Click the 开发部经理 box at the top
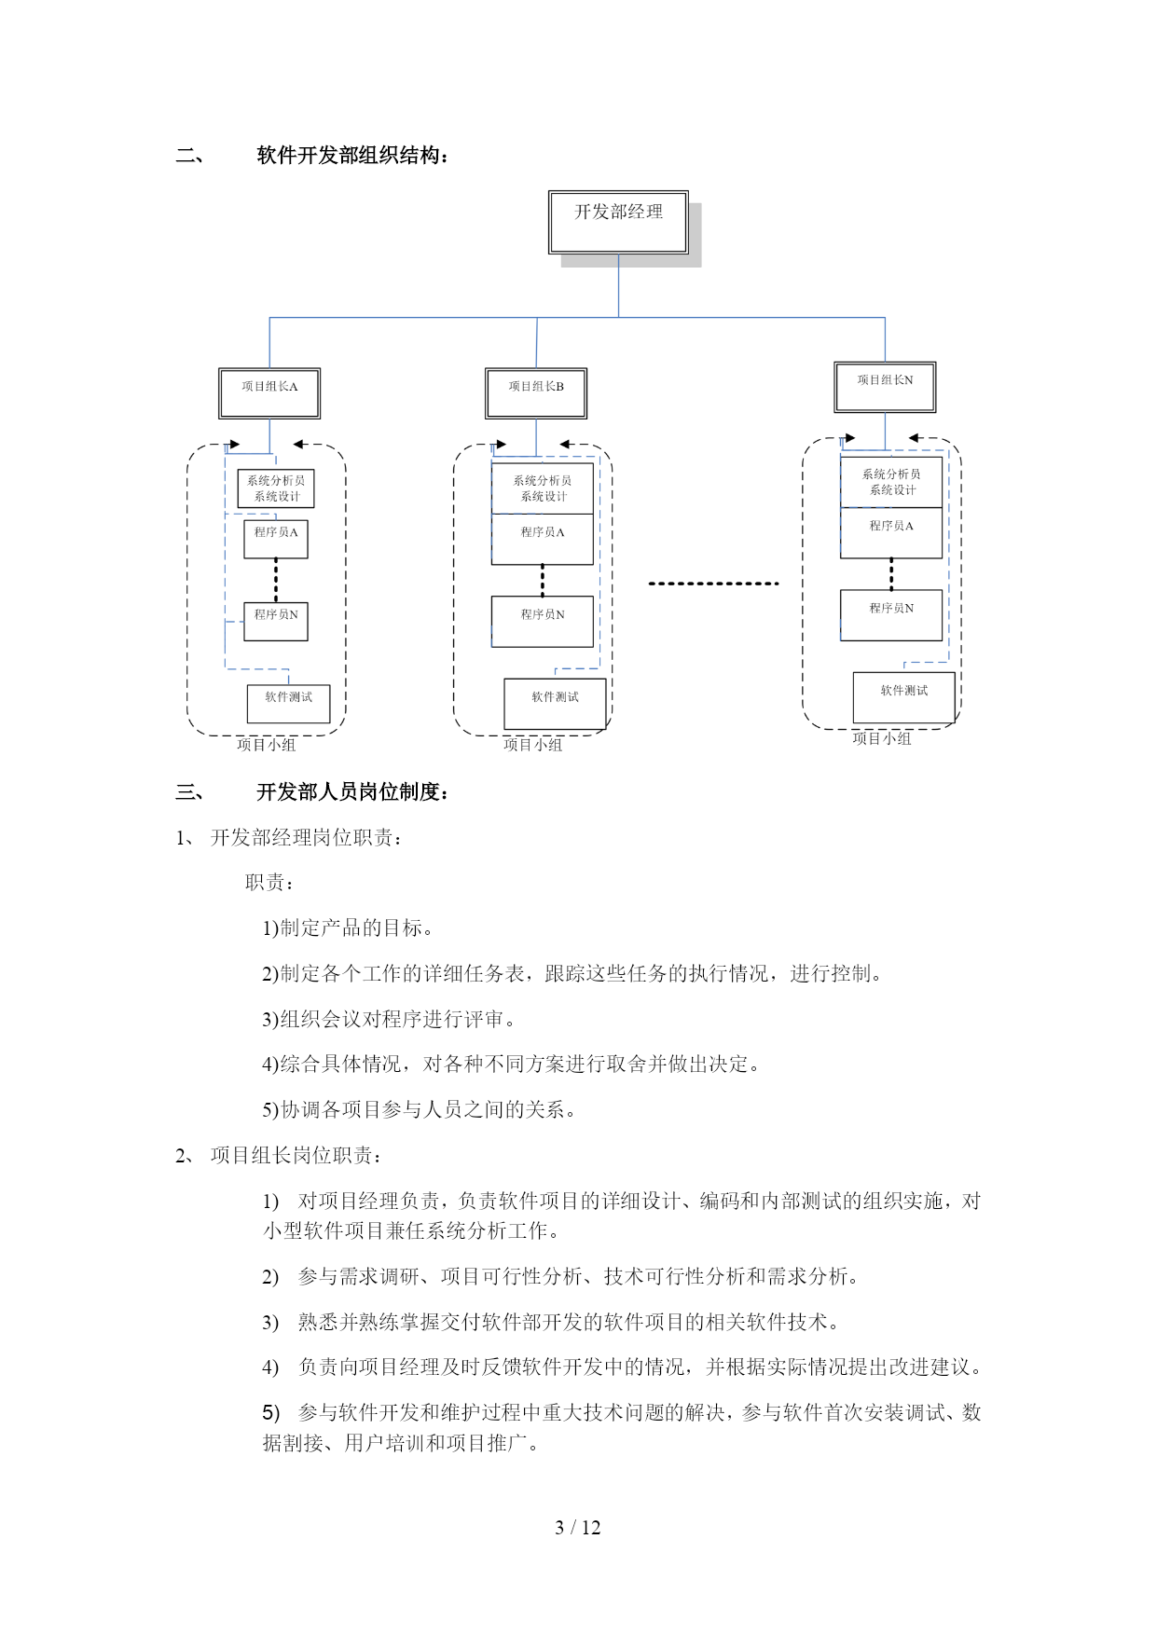618,222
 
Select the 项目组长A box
269,393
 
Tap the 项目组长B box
536,393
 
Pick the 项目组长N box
885,387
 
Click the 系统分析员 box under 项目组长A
276,488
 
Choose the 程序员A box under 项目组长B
543,539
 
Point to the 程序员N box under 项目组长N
891,614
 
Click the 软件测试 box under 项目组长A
288,704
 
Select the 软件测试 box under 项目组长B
555,704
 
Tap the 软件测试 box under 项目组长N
903,697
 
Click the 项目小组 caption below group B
533,745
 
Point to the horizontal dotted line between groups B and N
713,584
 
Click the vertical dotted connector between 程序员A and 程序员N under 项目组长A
276,580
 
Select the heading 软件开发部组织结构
352,156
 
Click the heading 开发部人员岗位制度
352,792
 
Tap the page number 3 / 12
578,1527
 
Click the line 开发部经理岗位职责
308,838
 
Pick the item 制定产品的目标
348,928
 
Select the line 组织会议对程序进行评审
389,1019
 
